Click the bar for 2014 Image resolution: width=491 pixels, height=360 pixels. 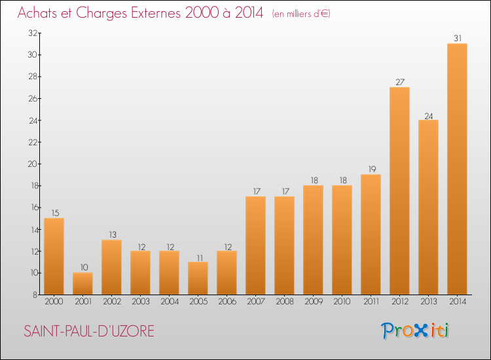[x=457, y=169]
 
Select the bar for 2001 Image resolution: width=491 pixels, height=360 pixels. [x=82, y=283]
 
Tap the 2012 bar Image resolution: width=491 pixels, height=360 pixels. [x=399, y=190]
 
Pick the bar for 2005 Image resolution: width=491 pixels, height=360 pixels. [x=198, y=278]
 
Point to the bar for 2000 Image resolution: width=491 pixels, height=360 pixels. [x=54, y=256]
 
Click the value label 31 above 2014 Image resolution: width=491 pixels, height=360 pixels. [x=457, y=38]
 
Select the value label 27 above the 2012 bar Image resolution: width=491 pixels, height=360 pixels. [x=399, y=82]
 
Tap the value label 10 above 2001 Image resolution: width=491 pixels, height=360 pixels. [x=82, y=267]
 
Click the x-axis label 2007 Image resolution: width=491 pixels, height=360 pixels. [x=255, y=301]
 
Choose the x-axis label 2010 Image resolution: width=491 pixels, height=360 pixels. [x=342, y=301]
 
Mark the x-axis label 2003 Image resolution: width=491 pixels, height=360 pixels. [x=140, y=301]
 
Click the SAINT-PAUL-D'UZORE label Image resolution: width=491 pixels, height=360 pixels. [x=89, y=331]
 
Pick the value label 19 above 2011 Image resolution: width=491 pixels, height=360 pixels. [x=371, y=169]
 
